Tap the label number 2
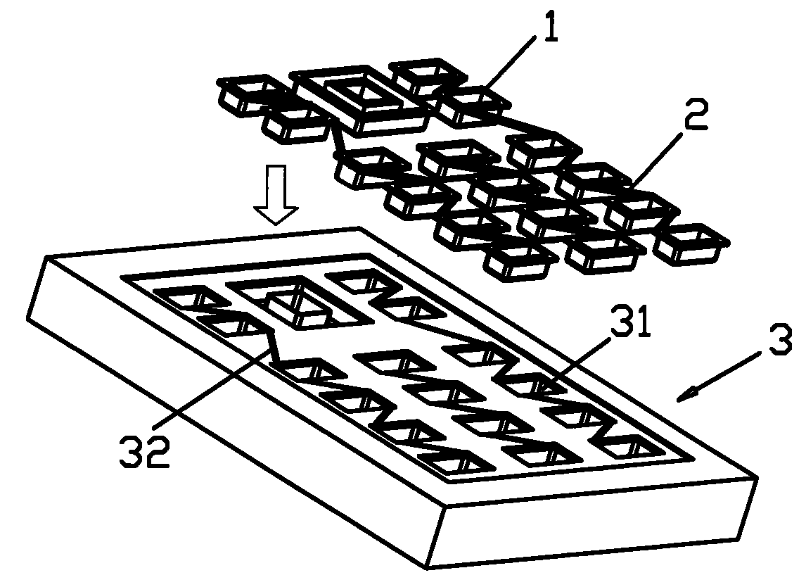pos(696,115)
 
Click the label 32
pos(145,450)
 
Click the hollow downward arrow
pos(276,194)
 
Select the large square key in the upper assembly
pos(359,98)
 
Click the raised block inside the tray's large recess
pos(299,310)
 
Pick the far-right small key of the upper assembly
pos(691,244)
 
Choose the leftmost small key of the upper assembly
pos(251,94)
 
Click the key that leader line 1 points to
pos(473,106)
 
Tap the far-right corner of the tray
pos(757,477)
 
